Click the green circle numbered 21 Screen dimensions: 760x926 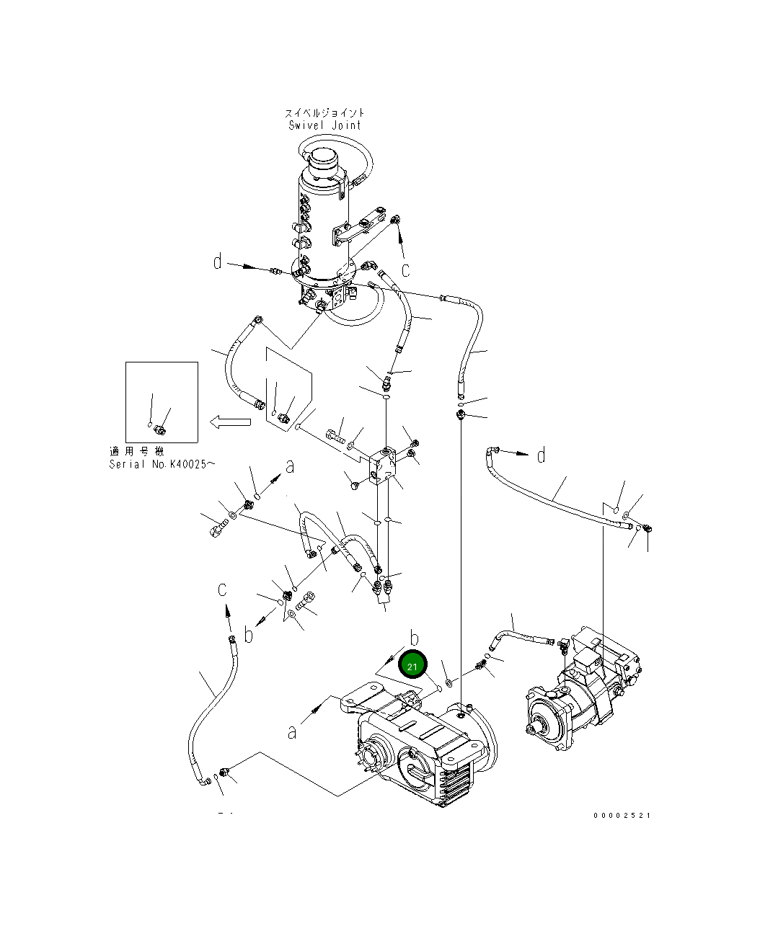pos(412,667)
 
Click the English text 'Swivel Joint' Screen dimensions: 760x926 pos(324,125)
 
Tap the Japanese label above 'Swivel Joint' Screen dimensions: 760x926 pos(324,113)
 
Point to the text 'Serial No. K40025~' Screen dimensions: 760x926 pos(162,464)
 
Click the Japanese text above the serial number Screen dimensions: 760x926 pos(136,451)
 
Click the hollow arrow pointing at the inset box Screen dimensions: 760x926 pos(230,422)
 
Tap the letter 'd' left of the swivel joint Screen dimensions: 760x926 pos(218,262)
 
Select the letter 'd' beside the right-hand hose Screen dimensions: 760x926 pos(542,455)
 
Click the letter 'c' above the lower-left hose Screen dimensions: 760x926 pos(222,589)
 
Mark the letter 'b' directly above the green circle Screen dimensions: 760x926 pos(414,638)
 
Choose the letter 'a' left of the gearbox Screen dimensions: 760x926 pos(292,732)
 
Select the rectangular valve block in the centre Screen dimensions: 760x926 pos(383,466)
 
